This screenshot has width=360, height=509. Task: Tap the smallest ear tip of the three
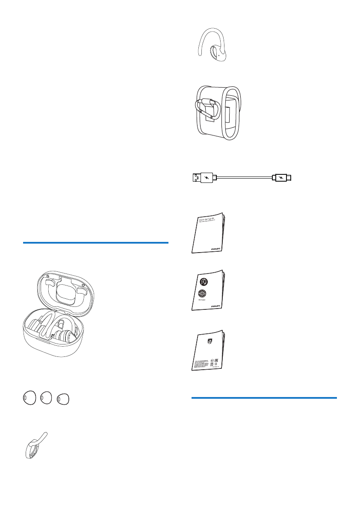click(x=63, y=399)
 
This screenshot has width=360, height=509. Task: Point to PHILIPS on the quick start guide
click(x=217, y=247)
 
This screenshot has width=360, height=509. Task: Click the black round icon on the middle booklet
click(x=204, y=282)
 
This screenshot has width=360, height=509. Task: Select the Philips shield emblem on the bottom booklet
click(x=209, y=341)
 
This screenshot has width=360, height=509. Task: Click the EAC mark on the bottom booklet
click(x=216, y=361)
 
